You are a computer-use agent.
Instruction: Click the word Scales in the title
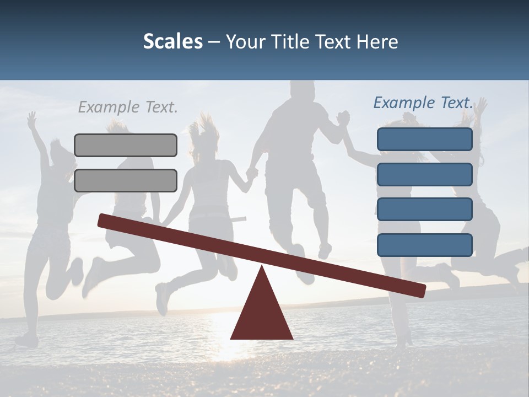tap(173, 41)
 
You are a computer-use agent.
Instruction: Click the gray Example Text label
tap(128, 107)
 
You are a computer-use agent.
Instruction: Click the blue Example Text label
tap(423, 103)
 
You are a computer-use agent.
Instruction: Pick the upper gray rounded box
tap(126, 145)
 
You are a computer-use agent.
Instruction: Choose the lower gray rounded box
tap(126, 180)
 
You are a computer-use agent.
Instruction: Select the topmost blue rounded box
tap(424, 139)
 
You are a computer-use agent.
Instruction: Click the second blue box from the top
tap(424, 174)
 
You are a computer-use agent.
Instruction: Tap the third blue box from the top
tap(424, 209)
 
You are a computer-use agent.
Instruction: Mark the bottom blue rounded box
tap(424, 245)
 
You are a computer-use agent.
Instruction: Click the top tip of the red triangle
tap(262, 267)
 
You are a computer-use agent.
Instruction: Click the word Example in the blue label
tap(404, 103)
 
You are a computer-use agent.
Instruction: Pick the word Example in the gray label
tap(108, 107)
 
